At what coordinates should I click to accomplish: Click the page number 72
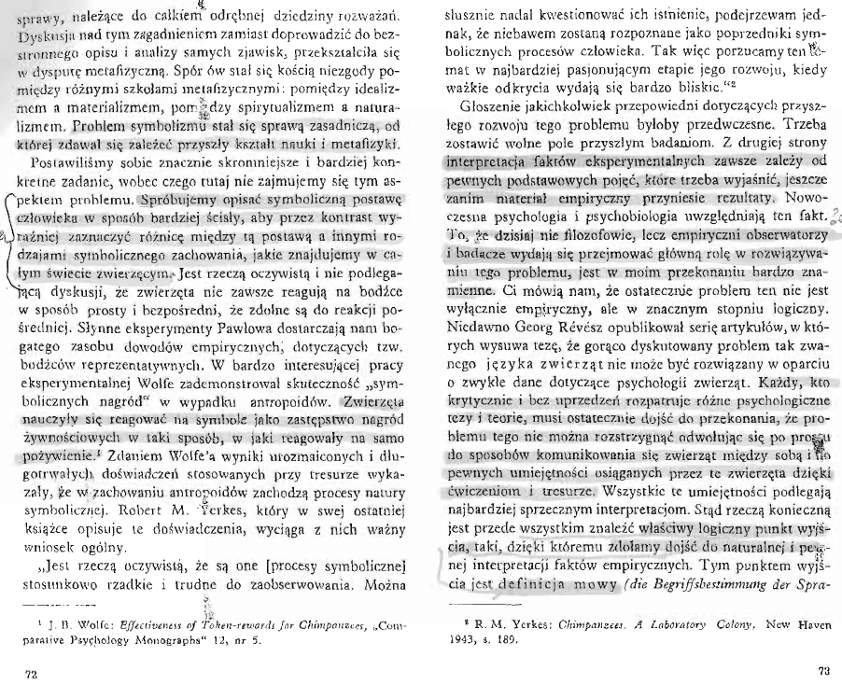click(12, 670)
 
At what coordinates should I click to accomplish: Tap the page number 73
click(822, 670)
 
